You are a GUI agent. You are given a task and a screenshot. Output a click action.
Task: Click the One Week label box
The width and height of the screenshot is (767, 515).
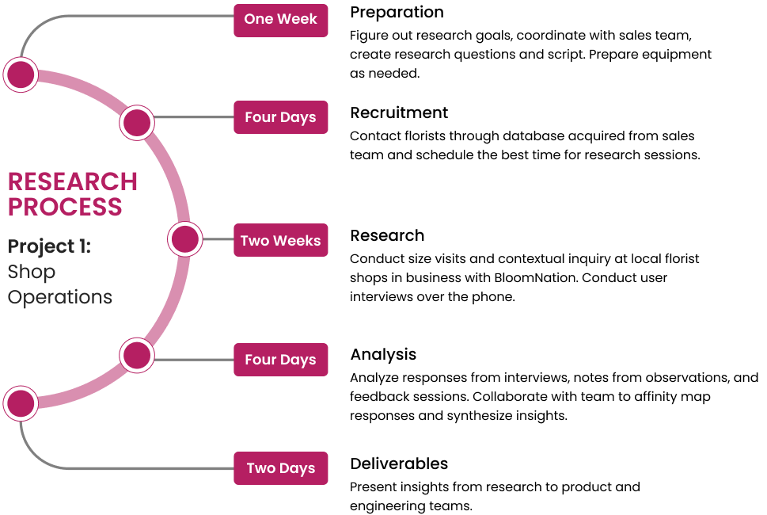click(x=280, y=20)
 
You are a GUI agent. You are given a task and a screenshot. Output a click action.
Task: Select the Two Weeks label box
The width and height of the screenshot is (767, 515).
click(x=280, y=240)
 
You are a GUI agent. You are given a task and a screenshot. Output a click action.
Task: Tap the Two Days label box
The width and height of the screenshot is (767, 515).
click(x=280, y=468)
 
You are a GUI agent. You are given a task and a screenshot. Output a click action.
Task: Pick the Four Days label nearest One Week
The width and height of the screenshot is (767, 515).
click(x=280, y=117)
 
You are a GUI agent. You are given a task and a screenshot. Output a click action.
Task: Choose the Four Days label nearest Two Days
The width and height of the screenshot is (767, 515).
click(x=280, y=360)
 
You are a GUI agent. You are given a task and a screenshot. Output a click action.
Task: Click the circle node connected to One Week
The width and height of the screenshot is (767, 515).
click(x=21, y=74)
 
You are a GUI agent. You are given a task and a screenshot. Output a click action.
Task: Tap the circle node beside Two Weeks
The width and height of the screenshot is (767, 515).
click(x=185, y=238)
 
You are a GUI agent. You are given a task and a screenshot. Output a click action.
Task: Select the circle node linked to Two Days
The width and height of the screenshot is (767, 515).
click(x=21, y=403)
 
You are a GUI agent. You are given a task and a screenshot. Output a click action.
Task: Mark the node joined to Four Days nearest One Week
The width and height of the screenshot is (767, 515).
click(x=137, y=123)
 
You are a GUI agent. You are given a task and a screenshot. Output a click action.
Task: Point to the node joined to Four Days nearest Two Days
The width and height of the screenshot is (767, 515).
click(x=137, y=355)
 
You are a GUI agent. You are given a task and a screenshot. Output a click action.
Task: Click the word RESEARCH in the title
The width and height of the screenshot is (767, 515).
click(x=73, y=181)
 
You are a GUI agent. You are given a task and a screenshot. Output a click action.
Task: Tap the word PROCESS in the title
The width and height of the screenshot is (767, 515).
click(x=65, y=207)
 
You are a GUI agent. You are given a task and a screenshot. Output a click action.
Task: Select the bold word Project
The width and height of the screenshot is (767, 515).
click(x=40, y=246)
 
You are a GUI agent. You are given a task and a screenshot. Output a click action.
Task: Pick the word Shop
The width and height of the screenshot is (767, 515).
click(x=32, y=272)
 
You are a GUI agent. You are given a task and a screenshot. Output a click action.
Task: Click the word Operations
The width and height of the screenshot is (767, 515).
click(x=60, y=297)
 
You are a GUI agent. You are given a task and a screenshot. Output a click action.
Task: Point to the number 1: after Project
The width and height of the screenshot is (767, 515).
click(x=85, y=246)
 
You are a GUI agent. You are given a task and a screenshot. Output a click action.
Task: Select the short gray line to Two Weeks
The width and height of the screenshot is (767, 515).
click(x=218, y=238)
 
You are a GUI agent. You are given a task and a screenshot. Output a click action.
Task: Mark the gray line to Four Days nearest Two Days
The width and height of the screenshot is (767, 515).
click(x=193, y=360)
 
